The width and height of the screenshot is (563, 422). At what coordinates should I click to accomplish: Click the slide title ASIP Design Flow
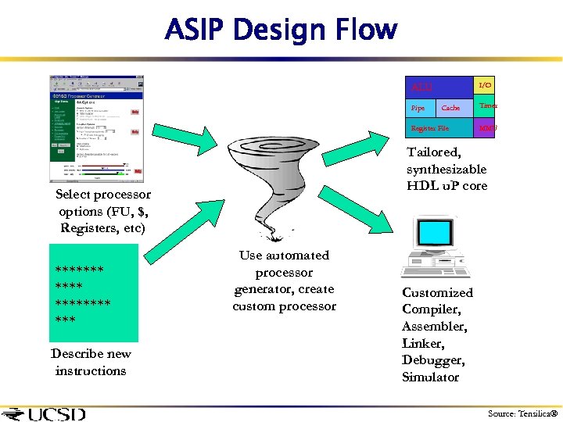coord(281,30)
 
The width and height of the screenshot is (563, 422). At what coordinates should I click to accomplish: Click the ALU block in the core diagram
coord(422,87)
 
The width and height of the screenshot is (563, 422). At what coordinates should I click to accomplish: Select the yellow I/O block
coord(485,84)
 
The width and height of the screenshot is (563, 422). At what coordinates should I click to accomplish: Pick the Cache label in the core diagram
coord(451,108)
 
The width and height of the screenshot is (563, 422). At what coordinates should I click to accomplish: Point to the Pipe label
coord(418,108)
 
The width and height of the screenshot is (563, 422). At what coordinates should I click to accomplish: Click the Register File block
coord(431,127)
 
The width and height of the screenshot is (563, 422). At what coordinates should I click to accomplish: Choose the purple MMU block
coord(486,127)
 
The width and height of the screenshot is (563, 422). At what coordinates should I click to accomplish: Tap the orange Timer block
coord(487,105)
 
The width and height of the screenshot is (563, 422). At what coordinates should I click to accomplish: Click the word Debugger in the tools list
coord(433,360)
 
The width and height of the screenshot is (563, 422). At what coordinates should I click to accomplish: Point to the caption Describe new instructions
coord(91,362)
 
